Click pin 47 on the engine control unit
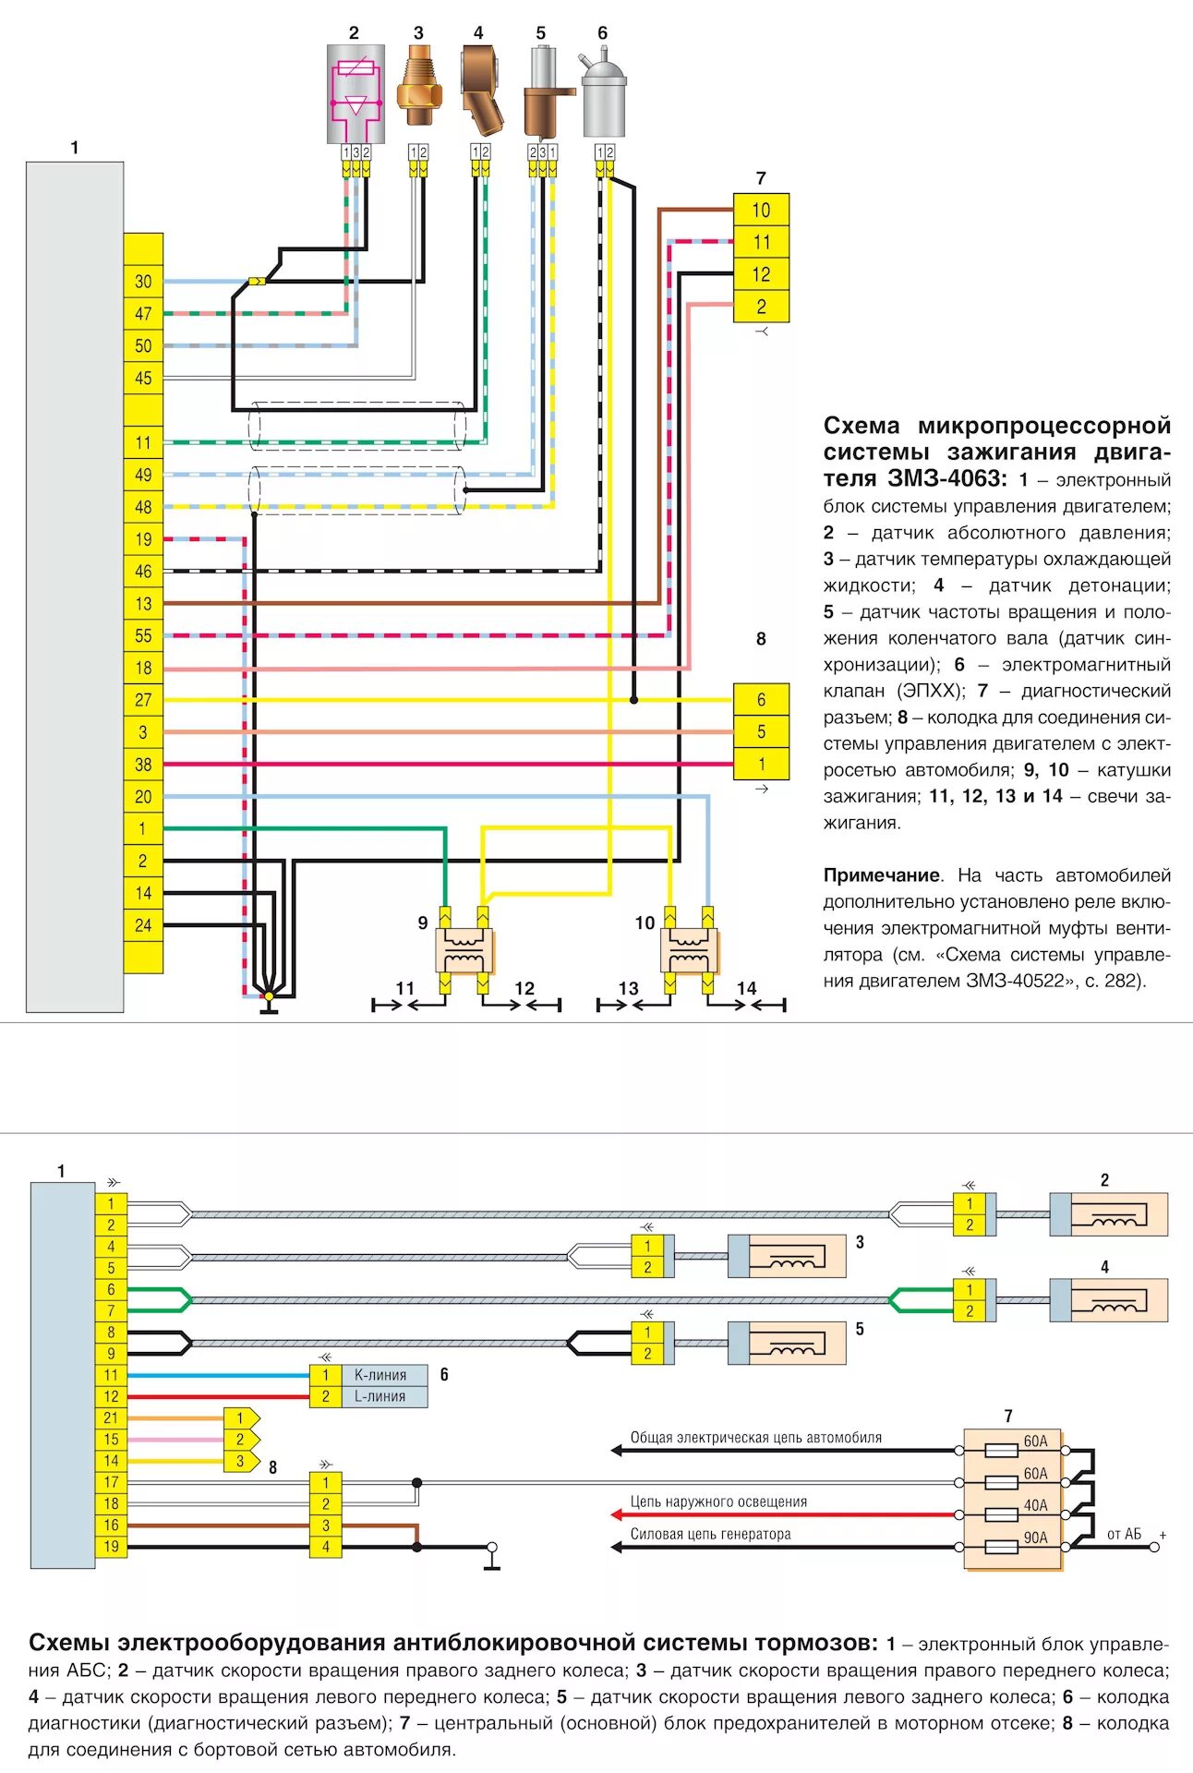click(x=143, y=314)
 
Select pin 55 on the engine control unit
click(x=143, y=635)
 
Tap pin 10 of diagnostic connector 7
click(x=761, y=211)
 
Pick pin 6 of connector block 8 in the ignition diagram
click(x=761, y=700)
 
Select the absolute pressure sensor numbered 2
click(x=355, y=92)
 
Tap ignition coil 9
click(x=464, y=951)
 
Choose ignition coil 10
click(x=689, y=951)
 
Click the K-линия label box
click(x=380, y=1375)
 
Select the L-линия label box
click(x=380, y=1397)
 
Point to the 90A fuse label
click(x=1036, y=1538)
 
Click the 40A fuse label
click(x=1036, y=1505)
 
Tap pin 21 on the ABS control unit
click(x=111, y=1418)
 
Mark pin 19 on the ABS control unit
click(x=111, y=1547)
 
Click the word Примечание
click(x=881, y=875)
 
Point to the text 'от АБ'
click(x=1124, y=1535)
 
